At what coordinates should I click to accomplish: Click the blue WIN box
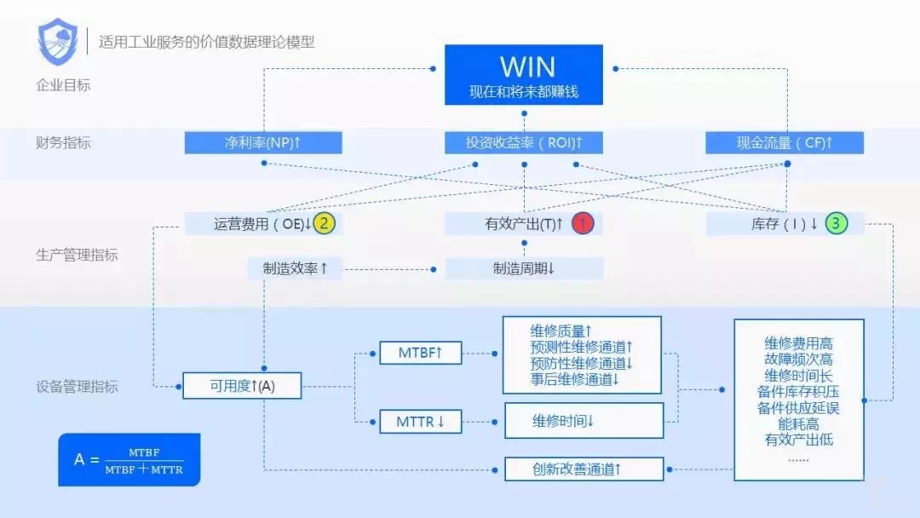(524, 75)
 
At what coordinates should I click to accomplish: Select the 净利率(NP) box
(263, 143)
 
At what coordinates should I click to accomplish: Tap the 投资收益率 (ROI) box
(524, 143)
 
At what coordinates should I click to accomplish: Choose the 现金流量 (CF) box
(785, 143)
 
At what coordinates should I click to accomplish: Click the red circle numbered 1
(583, 224)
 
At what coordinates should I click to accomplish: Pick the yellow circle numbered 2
(324, 224)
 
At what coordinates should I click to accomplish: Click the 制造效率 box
(295, 268)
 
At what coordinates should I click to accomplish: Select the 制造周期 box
(524, 268)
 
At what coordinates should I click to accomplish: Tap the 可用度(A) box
(242, 386)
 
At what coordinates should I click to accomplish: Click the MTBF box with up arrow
(420, 352)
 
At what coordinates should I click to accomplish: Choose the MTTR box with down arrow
(420, 421)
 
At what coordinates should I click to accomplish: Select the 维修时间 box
(584, 420)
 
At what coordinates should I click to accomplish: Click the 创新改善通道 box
(584, 469)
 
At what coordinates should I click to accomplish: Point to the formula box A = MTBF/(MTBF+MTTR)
(129, 460)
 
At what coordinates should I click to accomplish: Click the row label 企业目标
(64, 85)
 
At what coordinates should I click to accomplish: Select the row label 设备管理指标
(78, 387)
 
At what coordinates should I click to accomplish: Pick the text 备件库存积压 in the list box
(798, 392)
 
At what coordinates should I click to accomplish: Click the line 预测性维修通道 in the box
(582, 347)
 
